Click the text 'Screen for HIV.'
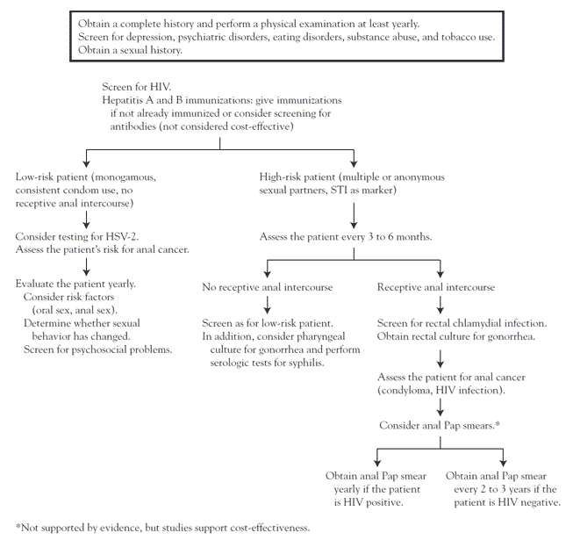(137, 87)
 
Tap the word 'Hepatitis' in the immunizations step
(120, 101)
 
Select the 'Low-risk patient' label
(52, 177)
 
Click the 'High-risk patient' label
(297, 177)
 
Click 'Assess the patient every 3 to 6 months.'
(346, 237)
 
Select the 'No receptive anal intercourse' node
(268, 287)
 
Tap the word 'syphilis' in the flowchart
(305, 363)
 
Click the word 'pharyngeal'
(322, 336)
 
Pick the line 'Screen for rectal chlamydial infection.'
(462, 324)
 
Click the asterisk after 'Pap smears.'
(498, 424)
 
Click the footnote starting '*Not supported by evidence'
(162, 528)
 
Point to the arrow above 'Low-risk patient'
(86, 158)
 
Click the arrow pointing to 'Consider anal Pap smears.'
(440, 407)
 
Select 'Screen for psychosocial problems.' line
(98, 349)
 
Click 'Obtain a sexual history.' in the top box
(130, 50)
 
